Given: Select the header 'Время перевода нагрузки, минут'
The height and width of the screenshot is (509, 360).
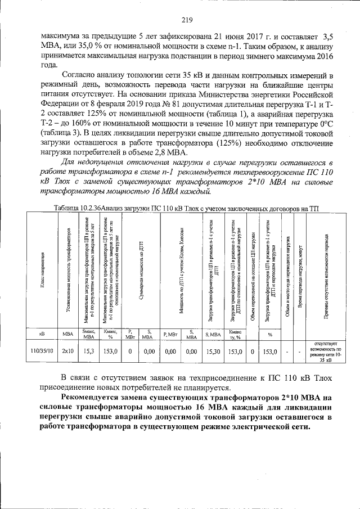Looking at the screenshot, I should pos(301,269).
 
